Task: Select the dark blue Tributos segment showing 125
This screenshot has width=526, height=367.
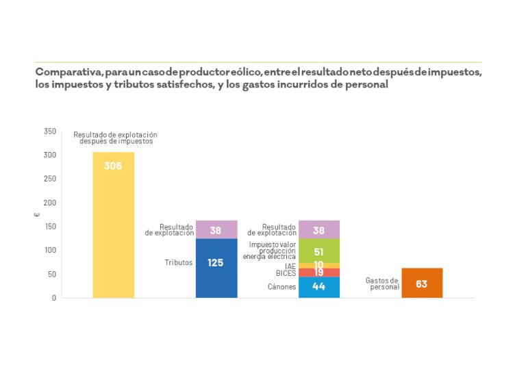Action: pos(216,268)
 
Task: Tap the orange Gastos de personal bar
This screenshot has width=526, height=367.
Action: pos(421,283)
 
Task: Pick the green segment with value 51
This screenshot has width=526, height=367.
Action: pos(319,251)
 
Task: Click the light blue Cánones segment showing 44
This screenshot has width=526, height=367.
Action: pos(319,287)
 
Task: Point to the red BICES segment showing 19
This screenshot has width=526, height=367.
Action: pos(319,273)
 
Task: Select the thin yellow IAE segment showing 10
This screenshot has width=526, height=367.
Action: pos(319,265)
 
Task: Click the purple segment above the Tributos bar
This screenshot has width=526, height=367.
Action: pos(216,229)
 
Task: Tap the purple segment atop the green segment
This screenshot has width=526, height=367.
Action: pos(319,229)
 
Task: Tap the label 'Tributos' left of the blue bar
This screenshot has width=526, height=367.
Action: pos(179,262)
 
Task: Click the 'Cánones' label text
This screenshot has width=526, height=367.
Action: pos(282,287)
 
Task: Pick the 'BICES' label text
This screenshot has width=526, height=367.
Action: pos(286,273)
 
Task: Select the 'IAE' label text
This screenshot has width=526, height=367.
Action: pos(290,266)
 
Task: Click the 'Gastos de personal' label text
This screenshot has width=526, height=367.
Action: pos(382,283)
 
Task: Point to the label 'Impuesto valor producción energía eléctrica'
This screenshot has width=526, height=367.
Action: pos(273,250)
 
